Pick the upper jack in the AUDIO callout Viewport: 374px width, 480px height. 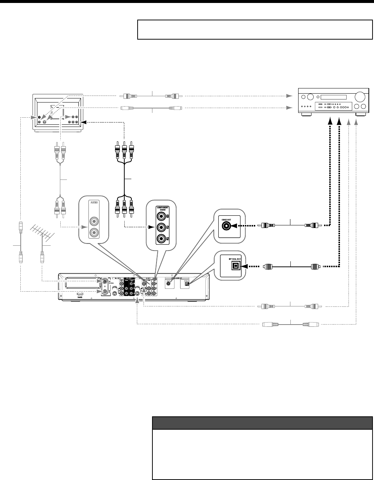pyautogui.click(x=94, y=222)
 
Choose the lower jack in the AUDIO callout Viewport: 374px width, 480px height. pyautogui.click(x=94, y=233)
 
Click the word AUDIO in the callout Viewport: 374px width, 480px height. pyautogui.click(x=94, y=203)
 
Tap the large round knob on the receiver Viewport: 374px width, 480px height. pyautogui.click(x=360, y=97)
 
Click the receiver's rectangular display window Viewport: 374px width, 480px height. pyautogui.click(x=333, y=97)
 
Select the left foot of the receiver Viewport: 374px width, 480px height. pyautogui.click(x=306, y=115)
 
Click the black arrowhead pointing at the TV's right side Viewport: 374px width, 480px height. pyautogui.click(x=83, y=122)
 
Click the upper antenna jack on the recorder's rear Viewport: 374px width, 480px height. pyautogui.click(x=106, y=281)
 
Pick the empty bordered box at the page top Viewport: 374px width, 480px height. pyautogui.click(x=255, y=30)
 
